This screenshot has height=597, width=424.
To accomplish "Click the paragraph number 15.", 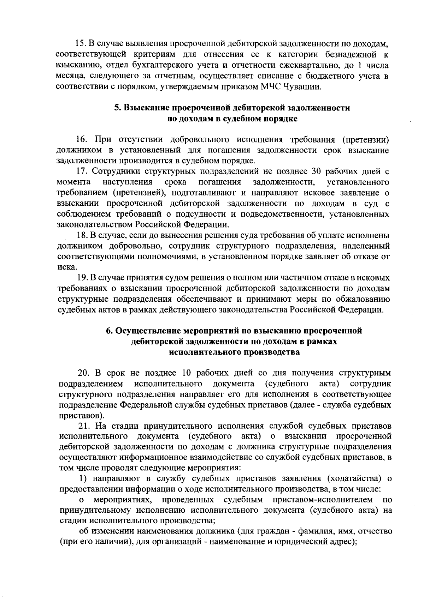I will (80, 44).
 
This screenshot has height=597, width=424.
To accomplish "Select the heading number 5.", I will (118, 108).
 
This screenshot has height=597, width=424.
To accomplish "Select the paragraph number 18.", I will (82, 235).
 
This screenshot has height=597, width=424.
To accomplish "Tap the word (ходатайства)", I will (355, 479).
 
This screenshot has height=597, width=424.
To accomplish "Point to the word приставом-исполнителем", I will (323, 500).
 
